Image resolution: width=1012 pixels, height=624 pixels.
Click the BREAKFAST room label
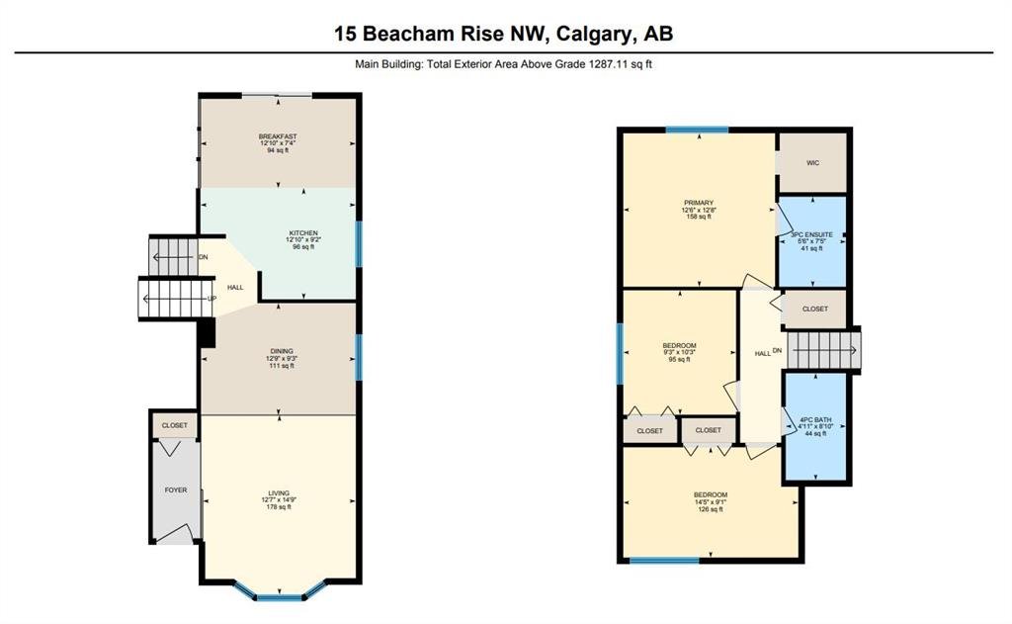278,136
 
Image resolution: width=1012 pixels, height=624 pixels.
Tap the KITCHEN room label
303,232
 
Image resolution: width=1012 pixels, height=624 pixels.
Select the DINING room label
282,351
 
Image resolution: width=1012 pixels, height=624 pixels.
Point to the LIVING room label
280,492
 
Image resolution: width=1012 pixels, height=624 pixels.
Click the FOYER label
176,490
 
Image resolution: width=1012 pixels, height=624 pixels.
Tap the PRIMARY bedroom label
699,203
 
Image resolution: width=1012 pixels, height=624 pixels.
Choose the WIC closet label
812,163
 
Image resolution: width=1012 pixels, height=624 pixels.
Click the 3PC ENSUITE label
812,234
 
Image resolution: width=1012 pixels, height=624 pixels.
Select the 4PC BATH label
815,419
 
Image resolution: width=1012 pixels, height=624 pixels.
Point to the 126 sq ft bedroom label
711,494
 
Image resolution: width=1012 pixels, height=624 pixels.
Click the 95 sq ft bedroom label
680,345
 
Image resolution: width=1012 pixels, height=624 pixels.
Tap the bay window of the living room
280,593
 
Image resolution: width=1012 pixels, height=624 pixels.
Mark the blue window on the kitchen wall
359,244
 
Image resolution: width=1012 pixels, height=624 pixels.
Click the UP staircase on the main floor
176,299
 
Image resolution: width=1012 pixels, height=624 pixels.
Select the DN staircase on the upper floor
823,350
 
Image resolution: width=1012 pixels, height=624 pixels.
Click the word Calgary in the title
594,33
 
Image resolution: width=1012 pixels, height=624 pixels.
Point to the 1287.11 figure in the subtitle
609,64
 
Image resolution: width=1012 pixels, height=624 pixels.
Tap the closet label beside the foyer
174,425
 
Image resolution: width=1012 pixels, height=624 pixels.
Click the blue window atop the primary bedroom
697,130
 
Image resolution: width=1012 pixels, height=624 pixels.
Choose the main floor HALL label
235,287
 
